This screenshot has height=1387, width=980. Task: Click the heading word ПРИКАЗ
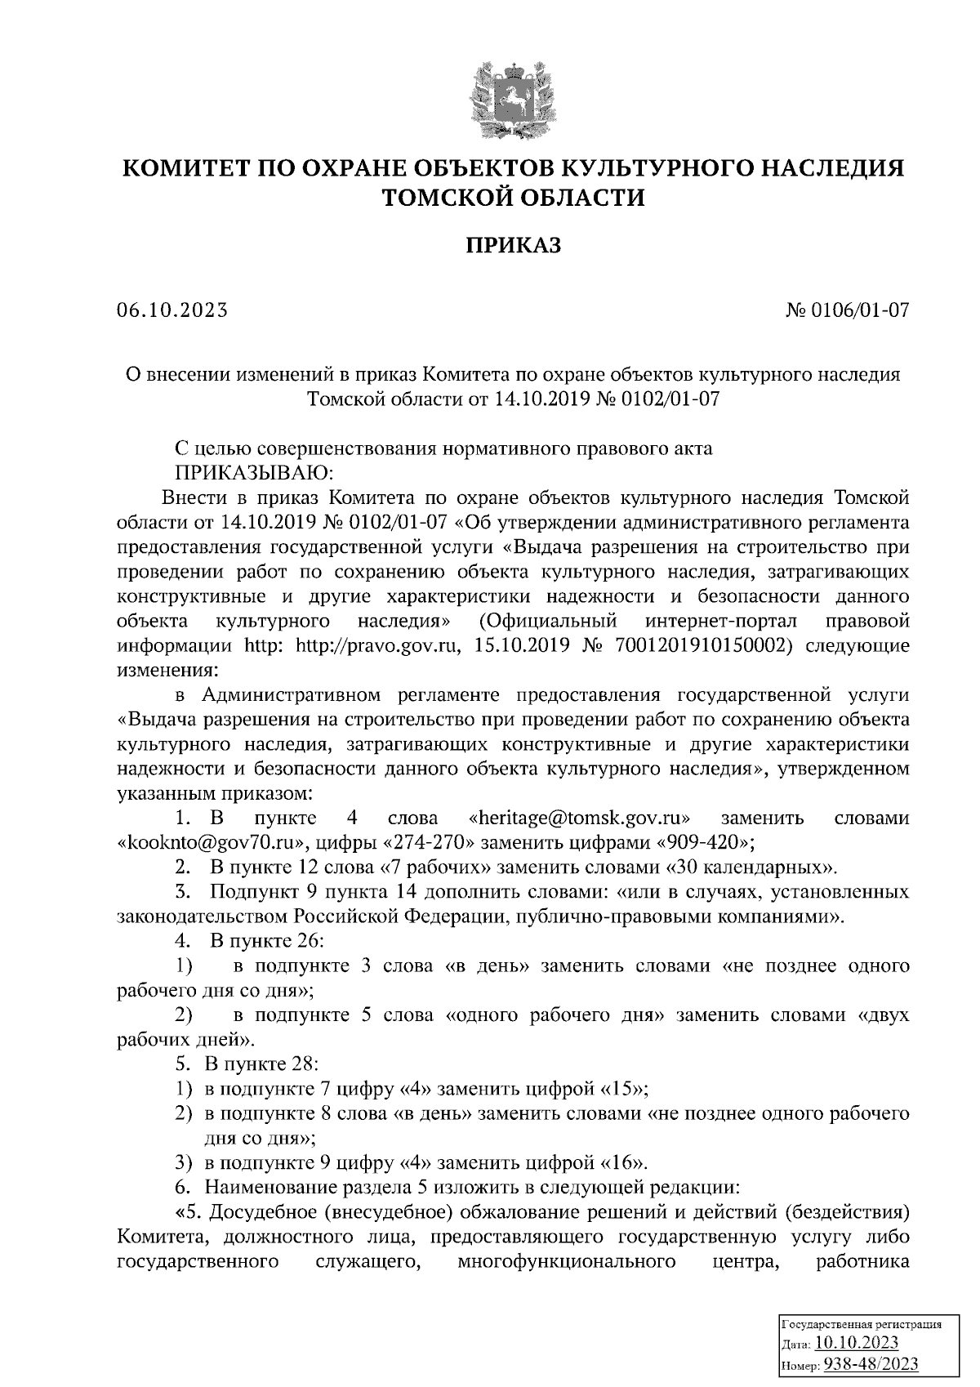point(514,246)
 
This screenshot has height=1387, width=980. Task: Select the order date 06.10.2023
point(171,310)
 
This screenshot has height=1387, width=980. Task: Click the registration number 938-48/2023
point(871,1365)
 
